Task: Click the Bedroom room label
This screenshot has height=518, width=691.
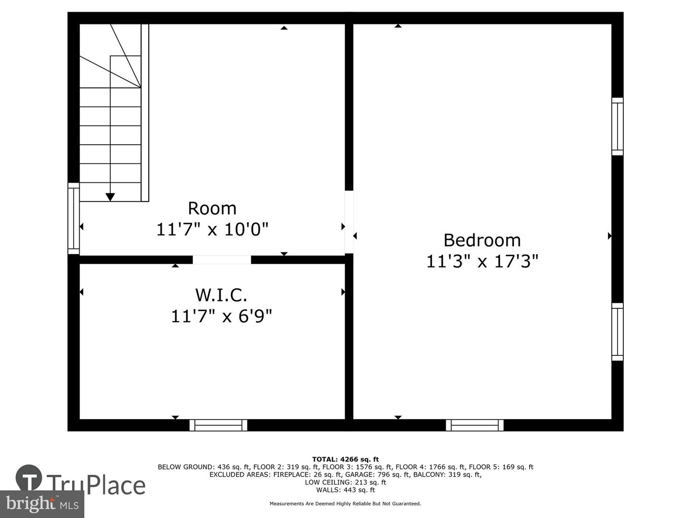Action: [x=482, y=240]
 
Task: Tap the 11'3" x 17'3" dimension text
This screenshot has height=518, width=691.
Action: [x=482, y=261]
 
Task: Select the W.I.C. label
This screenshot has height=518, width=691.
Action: [x=221, y=294]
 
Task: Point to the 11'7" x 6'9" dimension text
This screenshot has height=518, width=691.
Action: [x=221, y=316]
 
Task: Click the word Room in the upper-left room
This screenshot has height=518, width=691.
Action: [x=212, y=208]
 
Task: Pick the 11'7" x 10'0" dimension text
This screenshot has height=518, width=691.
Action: [x=212, y=229]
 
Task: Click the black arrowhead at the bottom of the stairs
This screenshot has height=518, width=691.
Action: [x=110, y=197]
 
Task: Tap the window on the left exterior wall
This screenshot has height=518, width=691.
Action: [x=73, y=219]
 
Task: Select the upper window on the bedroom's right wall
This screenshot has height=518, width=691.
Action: [x=617, y=127]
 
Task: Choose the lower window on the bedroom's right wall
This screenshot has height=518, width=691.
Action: [x=617, y=332]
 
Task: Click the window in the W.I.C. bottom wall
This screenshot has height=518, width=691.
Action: [x=218, y=425]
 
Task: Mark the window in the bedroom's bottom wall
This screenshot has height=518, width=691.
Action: [x=475, y=425]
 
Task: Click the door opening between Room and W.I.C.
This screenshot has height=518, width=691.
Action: [x=222, y=259]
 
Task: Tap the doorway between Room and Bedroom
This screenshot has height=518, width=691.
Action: [x=349, y=222]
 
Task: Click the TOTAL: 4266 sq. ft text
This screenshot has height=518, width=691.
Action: [x=345, y=459]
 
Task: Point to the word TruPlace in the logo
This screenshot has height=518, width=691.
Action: [x=96, y=484]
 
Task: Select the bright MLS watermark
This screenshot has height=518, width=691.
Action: [x=42, y=504]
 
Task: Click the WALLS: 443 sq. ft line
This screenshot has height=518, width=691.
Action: [x=345, y=490]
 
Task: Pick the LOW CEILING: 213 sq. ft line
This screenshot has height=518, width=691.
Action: [x=345, y=482]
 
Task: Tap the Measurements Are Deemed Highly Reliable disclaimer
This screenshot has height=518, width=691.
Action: [x=345, y=504]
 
